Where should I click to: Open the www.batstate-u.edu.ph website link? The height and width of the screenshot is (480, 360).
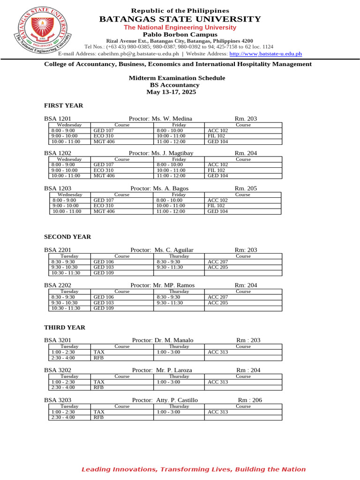click(x=265, y=54)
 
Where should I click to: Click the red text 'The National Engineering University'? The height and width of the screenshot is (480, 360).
click(x=180, y=28)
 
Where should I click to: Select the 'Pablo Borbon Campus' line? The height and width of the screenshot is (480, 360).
click(x=180, y=35)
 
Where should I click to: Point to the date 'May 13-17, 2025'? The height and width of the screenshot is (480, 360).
click(x=171, y=92)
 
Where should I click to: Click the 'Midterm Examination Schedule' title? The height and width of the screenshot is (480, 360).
click(x=177, y=78)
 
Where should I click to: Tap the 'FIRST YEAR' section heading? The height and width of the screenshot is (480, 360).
click(x=63, y=105)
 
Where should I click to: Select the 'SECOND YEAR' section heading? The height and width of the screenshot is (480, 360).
click(x=67, y=237)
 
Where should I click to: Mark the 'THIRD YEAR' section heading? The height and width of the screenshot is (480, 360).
click(x=65, y=327)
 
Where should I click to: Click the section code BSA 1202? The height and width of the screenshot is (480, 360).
click(x=58, y=153)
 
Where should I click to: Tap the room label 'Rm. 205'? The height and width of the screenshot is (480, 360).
click(x=246, y=188)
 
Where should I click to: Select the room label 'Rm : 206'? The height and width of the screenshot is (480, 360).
click(x=250, y=400)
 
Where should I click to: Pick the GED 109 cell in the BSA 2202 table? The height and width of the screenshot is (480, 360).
click(x=104, y=308)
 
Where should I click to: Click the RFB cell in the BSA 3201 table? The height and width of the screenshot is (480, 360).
click(x=98, y=358)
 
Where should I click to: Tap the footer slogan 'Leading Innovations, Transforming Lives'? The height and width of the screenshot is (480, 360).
click(x=193, y=469)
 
